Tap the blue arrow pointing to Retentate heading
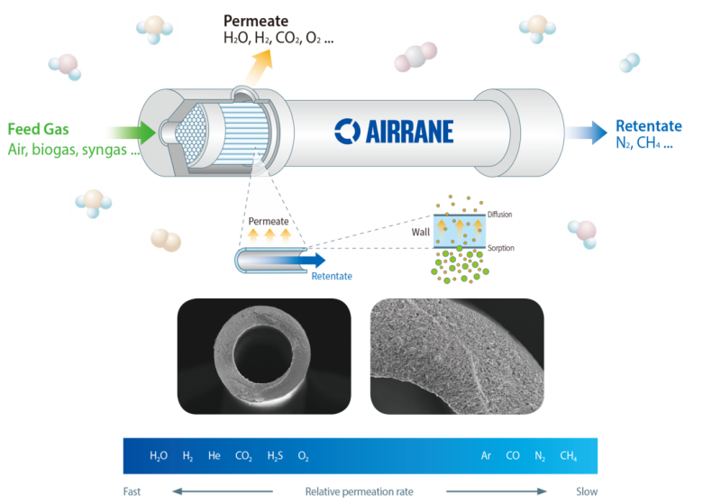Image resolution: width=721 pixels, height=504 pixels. tap(587, 133)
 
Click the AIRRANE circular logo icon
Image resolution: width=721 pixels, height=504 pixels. tap(347, 132)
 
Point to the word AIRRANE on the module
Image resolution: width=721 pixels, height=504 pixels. tap(410, 132)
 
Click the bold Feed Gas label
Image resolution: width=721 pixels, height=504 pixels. tap(38, 129)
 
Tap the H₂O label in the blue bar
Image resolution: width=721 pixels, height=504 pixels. tap(159, 455)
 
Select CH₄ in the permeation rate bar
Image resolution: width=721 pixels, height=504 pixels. tap(569, 455)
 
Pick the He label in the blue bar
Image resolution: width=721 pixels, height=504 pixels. tap(214, 455)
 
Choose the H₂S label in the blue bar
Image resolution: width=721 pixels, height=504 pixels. tap(275, 455)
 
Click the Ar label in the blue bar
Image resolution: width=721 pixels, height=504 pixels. tap(486, 455)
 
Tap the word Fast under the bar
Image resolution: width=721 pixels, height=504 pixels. tap(132, 491)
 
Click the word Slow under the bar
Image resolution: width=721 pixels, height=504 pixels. tap(587, 491)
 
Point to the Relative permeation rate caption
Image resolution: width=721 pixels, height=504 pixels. tap(359, 492)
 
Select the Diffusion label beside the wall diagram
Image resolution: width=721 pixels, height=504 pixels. tap(500, 215)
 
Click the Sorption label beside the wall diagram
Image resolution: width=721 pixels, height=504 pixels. tap(501, 248)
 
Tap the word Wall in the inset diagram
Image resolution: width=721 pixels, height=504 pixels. tap(421, 233)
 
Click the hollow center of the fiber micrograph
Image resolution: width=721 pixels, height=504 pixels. tap(263, 353)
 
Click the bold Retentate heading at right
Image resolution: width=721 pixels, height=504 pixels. tap(649, 126)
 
